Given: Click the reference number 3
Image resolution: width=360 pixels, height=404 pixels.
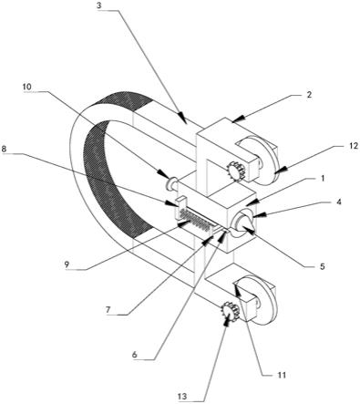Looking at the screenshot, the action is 99,6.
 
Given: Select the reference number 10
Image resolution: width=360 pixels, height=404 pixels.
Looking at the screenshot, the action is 27,87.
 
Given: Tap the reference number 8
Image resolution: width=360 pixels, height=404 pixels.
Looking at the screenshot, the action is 4,150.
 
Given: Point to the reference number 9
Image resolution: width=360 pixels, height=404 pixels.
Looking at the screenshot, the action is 67,264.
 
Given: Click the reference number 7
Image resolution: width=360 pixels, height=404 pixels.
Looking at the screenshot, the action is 108,310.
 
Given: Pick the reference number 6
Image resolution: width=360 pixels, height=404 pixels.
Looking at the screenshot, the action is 135,355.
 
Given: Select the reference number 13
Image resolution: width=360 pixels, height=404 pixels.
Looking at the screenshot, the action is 183,397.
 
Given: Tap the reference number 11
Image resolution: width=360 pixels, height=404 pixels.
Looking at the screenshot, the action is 283,375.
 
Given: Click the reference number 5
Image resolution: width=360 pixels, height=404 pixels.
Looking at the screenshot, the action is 323,266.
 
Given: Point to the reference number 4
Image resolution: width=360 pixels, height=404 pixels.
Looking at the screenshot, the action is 339,202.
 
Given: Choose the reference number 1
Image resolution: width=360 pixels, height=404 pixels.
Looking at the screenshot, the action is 323,178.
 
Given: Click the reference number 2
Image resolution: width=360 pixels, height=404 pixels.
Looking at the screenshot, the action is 309,95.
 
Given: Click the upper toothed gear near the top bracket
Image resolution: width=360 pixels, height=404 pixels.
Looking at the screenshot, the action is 236,171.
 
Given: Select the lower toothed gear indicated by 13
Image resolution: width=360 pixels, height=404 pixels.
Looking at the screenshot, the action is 231,312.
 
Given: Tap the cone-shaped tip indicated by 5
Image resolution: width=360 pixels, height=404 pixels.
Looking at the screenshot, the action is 245,225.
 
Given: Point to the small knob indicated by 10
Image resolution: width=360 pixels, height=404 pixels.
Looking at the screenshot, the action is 170,183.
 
